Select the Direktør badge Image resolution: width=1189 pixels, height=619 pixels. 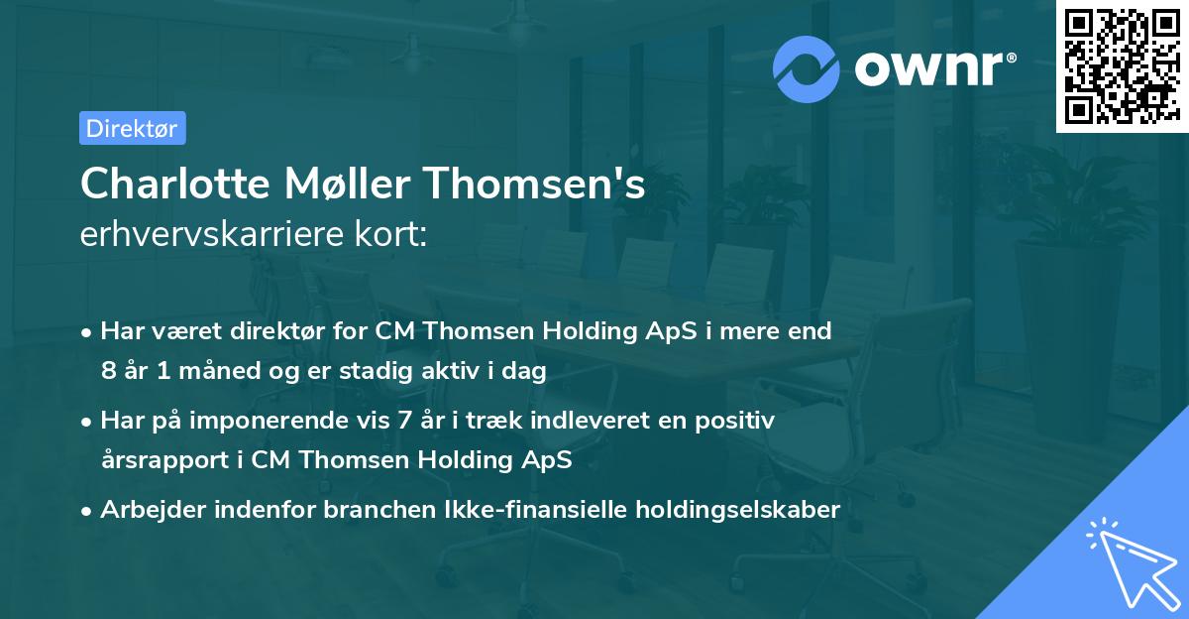click(132, 128)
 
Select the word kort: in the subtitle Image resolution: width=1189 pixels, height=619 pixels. click(392, 235)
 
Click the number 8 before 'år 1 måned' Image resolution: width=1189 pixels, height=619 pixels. click(108, 371)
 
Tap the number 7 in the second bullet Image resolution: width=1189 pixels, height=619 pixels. click(402, 421)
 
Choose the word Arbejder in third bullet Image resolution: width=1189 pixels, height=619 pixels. click(151, 510)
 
